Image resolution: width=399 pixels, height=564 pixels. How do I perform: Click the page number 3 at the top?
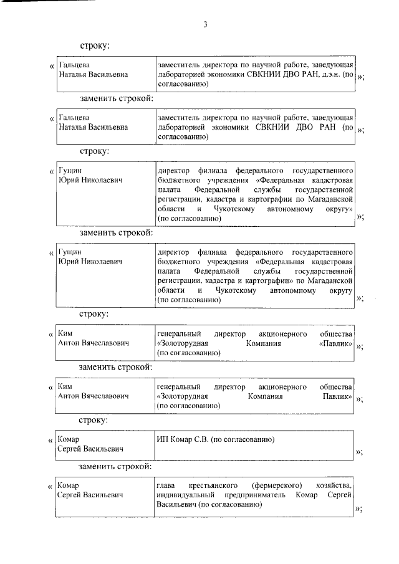(204, 25)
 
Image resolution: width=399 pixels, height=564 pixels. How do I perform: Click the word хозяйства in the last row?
(334, 485)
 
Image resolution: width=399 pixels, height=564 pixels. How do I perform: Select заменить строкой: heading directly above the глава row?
(115, 466)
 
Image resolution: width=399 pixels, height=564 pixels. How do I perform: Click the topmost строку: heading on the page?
(94, 46)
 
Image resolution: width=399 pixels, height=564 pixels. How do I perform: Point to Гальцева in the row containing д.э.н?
(74, 65)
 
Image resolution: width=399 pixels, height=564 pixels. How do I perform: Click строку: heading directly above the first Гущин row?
(94, 151)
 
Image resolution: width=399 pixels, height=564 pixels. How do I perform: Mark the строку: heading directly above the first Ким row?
(94, 313)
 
